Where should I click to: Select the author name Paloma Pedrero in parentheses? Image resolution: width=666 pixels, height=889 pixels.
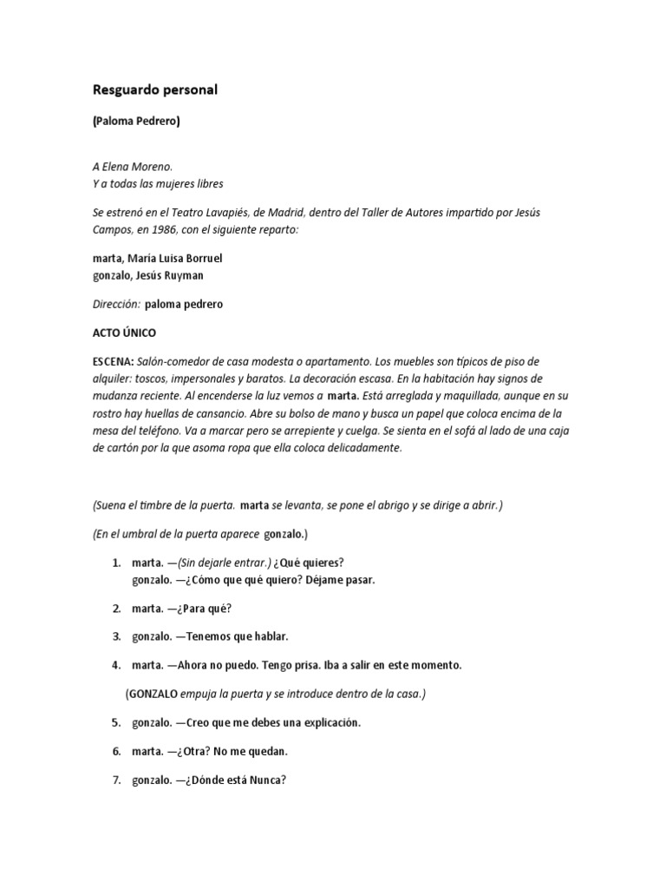click(136, 122)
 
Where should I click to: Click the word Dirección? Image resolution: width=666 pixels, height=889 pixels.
click(115, 306)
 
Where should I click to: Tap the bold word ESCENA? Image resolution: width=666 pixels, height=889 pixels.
click(112, 360)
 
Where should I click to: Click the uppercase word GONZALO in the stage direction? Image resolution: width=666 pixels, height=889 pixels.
click(153, 694)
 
